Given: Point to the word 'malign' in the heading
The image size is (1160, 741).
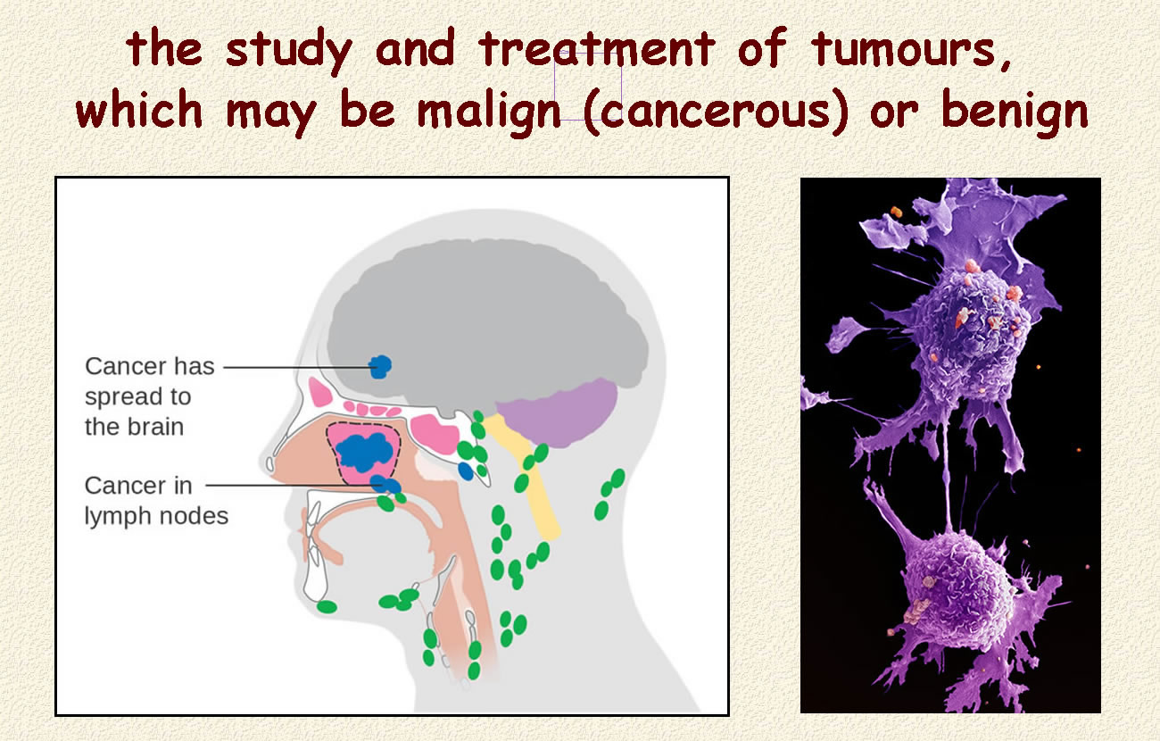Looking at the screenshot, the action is click(489, 112).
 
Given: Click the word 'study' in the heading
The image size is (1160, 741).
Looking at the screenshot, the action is click(289, 51).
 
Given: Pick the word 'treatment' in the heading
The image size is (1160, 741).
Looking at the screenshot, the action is click(595, 49).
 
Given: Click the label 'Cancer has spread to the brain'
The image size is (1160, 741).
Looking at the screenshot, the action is click(150, 396).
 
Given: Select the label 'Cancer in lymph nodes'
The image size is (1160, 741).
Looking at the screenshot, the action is click(156, 501).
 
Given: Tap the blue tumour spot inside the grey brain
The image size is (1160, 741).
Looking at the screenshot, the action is click(380, 367).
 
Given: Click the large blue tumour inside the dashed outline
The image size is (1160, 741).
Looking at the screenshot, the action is click(365, 452).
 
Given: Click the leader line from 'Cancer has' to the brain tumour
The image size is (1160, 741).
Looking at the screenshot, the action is click(297, 368).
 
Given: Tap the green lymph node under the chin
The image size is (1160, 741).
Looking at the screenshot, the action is click(327, 606).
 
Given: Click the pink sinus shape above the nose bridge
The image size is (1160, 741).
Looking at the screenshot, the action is click(319, 392).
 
